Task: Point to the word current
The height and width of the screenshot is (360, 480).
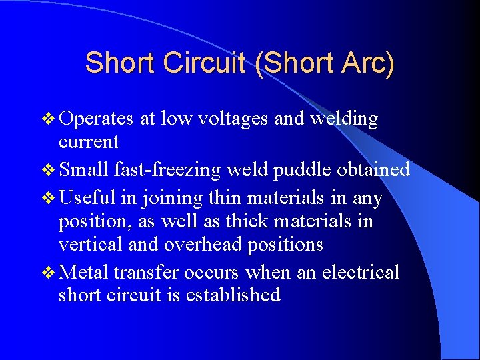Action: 89,142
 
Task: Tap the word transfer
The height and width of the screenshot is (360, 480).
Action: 145,272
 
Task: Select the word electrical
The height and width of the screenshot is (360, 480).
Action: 360,272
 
